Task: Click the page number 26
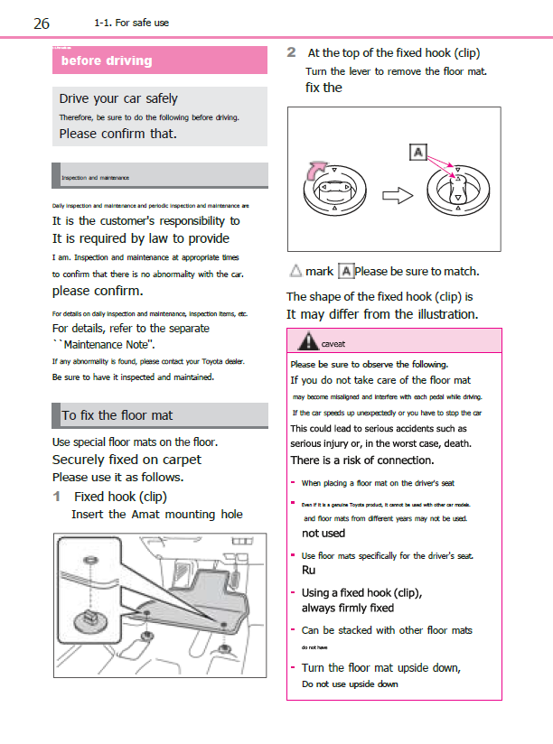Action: click(x=42, y=23)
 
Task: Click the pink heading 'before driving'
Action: click(x=107, y=60)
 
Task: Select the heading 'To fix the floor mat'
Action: click(x=117, y=415)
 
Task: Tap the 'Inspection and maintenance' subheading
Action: click(x=95, y=178)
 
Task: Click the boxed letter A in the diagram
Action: click(x=417, y=152)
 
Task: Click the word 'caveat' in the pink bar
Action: click(x=333, y=344)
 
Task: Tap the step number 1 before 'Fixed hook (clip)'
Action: click(x=57, y=497)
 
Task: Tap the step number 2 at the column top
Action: click(x=292, y=52)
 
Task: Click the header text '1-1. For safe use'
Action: click(x=131, y=23)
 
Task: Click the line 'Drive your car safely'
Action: click(x=118, y=98)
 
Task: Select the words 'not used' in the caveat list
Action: click(x=323, y=533)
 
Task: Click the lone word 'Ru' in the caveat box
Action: click(x=308, y=571)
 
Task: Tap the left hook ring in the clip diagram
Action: click(x=332, y=191)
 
